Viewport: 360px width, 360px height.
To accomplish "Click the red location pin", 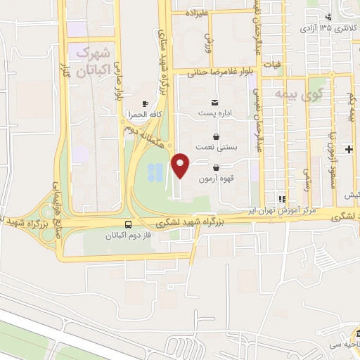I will coord(181,165).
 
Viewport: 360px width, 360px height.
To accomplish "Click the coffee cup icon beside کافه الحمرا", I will coord(145,103).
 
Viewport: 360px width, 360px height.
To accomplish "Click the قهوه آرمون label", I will coord(215,179).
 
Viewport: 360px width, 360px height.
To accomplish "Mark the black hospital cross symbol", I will coord(349,149).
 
